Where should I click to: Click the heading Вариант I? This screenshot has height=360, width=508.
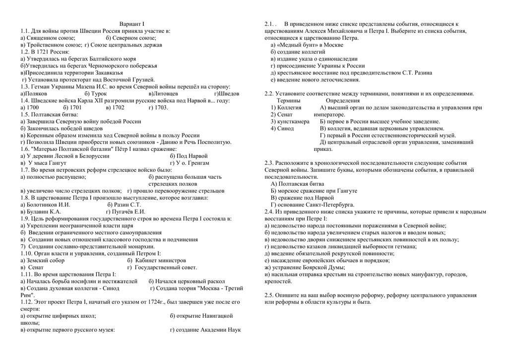131,24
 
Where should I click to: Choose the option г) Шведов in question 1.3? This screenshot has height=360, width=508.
227,93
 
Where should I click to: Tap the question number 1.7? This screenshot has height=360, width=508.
25,169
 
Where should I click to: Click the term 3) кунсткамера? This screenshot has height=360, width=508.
290,121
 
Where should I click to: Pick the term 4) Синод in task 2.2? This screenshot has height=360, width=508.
283,128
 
